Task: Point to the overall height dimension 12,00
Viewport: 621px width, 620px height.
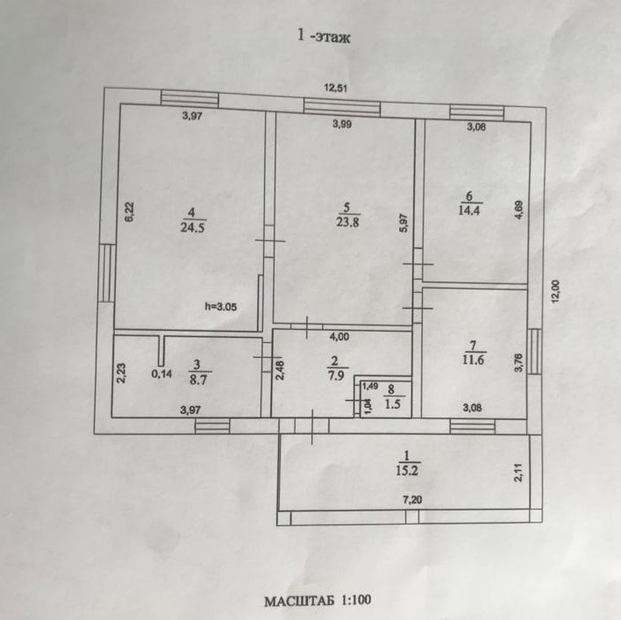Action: pyautogui.click(x=555, y=291)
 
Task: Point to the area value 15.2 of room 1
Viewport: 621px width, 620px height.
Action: pyautogui.click(x=405, y=468)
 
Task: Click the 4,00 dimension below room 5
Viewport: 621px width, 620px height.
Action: pyautogui.click(x=339, y=334)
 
